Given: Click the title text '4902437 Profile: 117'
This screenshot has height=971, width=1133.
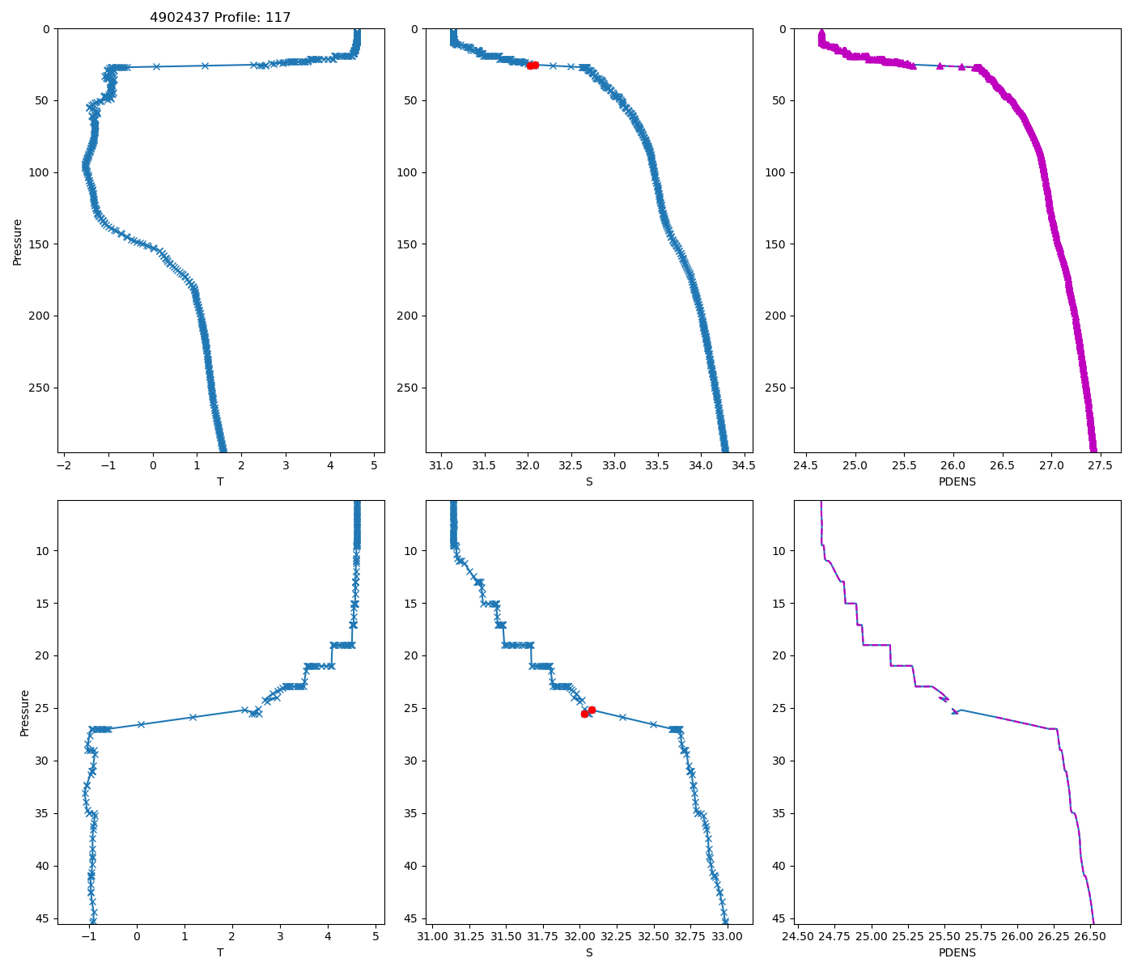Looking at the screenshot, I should (x=220, y=17).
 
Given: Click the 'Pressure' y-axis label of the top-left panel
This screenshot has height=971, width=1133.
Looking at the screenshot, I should (x=17, y=241).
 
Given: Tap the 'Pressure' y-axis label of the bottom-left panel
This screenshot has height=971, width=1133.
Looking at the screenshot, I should (x=24, y=713).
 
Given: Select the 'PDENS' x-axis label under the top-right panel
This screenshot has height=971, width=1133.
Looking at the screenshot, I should (x=957, y=481).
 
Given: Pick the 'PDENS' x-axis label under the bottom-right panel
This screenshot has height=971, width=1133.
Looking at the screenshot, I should (x=957, y=952).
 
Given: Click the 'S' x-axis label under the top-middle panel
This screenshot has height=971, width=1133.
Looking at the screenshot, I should (x=588, y=481).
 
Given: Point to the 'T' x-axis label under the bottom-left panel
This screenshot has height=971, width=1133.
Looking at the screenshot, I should (x=220, y=952).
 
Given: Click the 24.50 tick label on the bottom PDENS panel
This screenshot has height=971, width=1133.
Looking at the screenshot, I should (x=798, y=937).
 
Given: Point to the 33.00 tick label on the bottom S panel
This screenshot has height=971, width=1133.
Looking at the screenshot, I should (x=727, y=937).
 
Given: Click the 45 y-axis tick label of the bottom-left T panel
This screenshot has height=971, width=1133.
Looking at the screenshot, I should (x=43, y=918).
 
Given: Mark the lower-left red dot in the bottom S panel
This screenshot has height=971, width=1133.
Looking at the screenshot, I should (x=584, y=714).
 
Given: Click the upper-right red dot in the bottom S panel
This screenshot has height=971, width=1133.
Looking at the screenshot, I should (x=592, y=710).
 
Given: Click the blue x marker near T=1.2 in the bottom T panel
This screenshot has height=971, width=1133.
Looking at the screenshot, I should (x=193, y=717).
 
